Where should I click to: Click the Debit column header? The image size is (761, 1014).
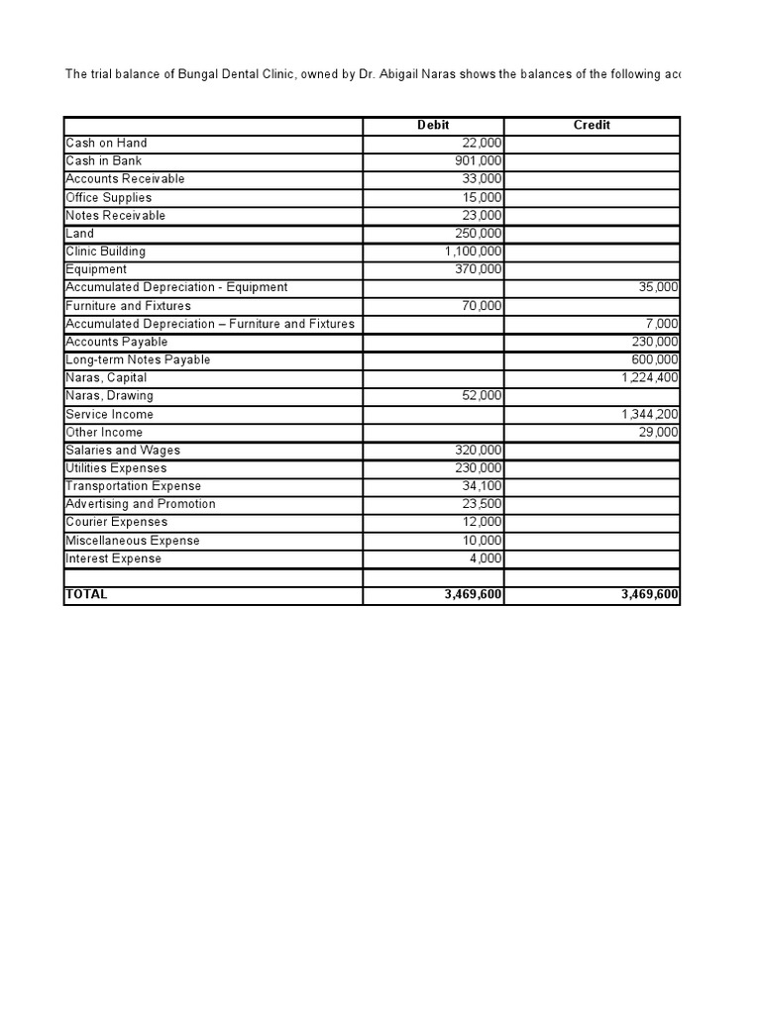tap(433, 125)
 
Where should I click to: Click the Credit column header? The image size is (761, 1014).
tap(592, 125)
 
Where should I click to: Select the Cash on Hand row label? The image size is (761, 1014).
tap(106, 144)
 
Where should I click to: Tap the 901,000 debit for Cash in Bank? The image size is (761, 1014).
tap(476, 161)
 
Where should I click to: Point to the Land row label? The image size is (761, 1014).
tap(80, 234)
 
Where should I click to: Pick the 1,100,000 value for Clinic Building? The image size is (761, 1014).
tap(473, 252)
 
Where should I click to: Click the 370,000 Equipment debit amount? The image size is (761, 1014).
tap(476, 269)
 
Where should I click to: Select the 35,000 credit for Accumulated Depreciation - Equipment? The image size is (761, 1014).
tap(658, 287)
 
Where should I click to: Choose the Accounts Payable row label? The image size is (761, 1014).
tap(117, 342)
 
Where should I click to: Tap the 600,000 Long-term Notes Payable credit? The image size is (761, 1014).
tap(654, 359)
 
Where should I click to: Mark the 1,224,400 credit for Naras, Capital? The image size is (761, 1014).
tap(650, 377)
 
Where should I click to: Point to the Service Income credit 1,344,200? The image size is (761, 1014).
tap(650, 414)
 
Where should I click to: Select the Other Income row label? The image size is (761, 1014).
tap(104, 432)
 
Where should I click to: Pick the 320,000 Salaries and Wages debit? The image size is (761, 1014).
tap(476, 450)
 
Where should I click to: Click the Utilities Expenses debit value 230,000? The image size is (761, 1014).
tap(476, 467)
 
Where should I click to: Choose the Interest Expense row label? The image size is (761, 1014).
tap(113, 558)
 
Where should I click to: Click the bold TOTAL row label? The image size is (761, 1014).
tap(86, 594)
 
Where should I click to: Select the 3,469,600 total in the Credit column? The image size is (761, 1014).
tap(649, 594)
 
